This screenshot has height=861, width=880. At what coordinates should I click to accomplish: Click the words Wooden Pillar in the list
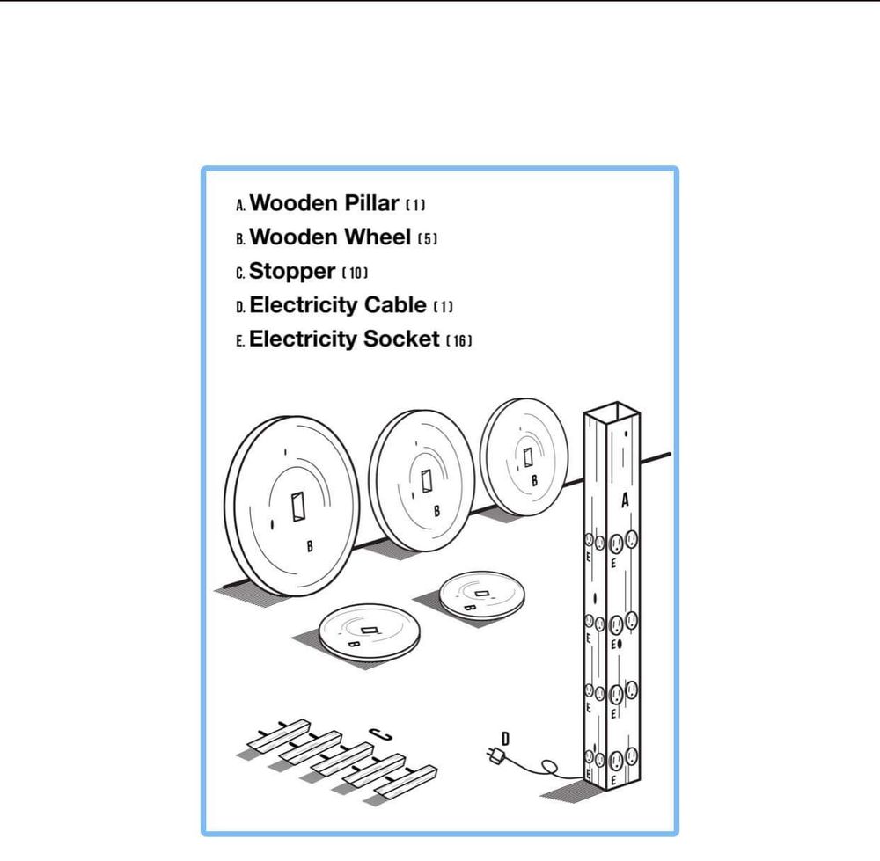pos(324,203)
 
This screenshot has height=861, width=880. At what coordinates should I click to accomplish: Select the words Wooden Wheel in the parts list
pos(330,237)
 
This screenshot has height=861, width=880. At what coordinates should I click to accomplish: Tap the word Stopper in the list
pos(292,272)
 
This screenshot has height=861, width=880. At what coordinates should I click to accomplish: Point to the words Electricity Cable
pos(338,305)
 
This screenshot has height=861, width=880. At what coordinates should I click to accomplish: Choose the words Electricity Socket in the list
pos(344,339)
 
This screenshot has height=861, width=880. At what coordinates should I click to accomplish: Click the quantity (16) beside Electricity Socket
pos(459,340)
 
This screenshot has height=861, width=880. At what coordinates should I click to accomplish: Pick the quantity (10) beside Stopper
pos(355,274)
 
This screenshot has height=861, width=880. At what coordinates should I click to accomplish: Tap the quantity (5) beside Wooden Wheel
pos(427,239)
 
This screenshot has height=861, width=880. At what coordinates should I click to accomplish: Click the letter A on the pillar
pos(625,500)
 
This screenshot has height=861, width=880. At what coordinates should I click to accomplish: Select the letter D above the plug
pos(505,740)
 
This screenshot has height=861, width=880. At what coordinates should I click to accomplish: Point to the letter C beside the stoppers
pos(380,734)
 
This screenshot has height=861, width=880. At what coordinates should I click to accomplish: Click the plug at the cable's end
pos(495,755)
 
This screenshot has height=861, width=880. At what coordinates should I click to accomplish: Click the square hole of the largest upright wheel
pos(298,507)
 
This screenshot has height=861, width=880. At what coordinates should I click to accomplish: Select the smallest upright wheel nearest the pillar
pos(524,457)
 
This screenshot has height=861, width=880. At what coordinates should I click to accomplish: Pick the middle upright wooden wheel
pos(422,481)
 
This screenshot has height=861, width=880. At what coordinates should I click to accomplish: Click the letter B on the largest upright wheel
pos(310,546)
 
